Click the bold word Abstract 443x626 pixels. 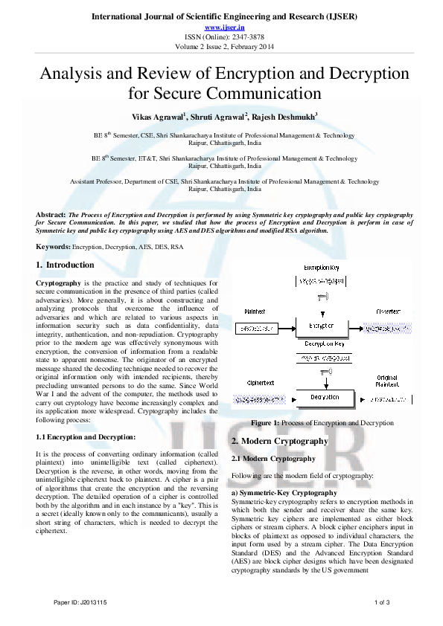click(51, 214)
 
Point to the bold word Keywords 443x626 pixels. click(53, 246)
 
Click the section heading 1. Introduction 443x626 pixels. click(65, 265)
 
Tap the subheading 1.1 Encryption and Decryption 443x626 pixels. click(86, 437)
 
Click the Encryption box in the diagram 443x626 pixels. click(321, 326)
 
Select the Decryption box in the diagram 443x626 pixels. click(325, 398)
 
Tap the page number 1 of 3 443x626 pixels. click(383, 601)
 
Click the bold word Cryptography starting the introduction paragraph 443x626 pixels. click(60, 283)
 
